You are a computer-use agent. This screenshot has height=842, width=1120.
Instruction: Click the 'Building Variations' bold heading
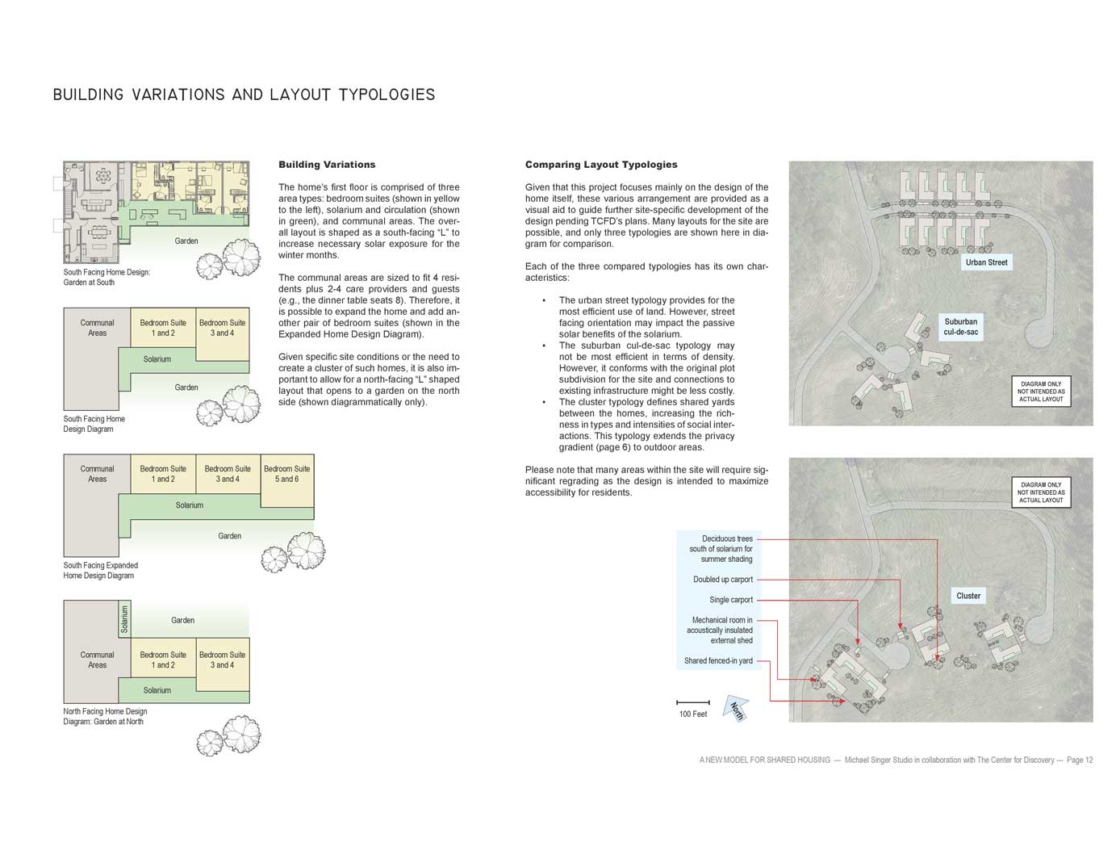[x=327, y=165]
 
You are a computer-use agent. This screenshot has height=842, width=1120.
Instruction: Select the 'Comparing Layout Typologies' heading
[x=601, y=165]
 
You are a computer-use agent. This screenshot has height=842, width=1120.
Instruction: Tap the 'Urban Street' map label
[x=986, y=262]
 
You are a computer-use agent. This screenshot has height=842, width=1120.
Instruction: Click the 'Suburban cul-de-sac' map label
[x=960, y=327]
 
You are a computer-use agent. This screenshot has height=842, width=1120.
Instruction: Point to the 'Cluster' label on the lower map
[x=968, y=596]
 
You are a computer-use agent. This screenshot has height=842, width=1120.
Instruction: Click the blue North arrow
[x=736, y=708]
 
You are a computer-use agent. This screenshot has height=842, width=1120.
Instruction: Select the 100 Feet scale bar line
[x=692, y=702]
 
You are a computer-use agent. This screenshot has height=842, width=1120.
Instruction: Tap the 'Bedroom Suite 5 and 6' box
[x=286, y=480]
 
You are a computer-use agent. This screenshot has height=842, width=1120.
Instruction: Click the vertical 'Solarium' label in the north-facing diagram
[x=124, y=619]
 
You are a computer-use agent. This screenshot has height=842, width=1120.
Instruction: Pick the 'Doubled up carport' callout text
[x=722, y=579]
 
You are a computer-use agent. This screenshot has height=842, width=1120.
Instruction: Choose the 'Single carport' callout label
[x=731, y=600]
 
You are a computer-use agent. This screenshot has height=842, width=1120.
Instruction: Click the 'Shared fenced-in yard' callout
[x=718, y=660]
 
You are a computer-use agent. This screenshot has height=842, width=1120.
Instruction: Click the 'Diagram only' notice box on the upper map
[x=1040, y=392]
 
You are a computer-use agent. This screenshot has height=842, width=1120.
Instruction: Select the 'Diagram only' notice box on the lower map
[x=1040, y=492]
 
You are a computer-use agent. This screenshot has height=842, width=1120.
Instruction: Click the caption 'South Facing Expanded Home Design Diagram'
[x=101, y=570]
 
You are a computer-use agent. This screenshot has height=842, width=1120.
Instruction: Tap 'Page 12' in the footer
[x=1079, y=760]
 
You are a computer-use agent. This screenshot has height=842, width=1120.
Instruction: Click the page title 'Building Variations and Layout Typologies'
[x=244, y=95]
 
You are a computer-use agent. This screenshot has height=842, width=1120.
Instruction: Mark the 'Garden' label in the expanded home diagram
[x=229, y=536]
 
